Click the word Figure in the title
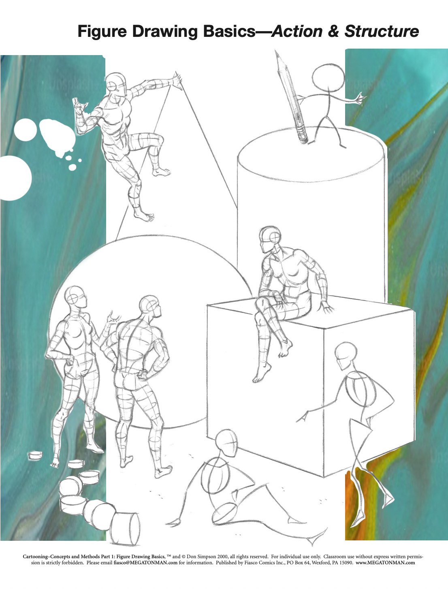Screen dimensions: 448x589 click(x=102, y=32)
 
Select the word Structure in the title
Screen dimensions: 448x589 click(x=382, y=31)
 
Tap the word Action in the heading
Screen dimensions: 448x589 click(x=297, y=31)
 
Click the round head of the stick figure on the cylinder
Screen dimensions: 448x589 click(x=328, y=77)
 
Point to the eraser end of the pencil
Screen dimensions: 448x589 click(x=302, y=136)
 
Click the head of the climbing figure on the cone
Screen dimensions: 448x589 click(x=116, y=84)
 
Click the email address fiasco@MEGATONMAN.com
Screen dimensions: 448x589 click(x=145, y=563)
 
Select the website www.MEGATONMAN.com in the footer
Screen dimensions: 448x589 click(x=385, y=563)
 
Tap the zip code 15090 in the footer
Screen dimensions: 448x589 click(x=346, y=563)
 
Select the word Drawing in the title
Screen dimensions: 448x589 click(x=165, y=32)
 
